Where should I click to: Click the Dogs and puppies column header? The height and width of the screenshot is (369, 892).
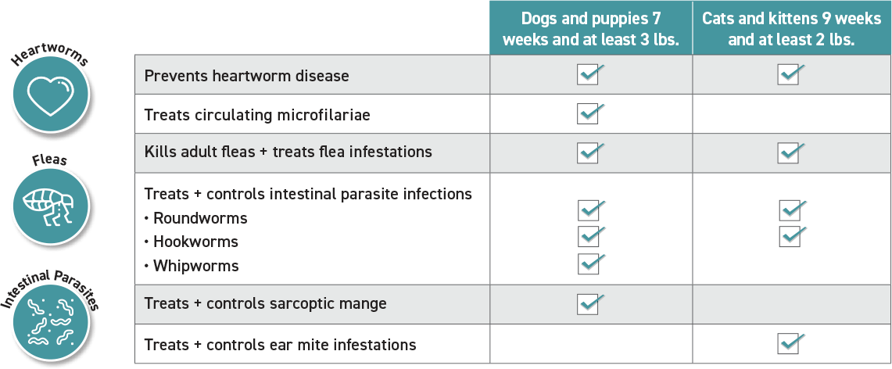click(x=590, y=28)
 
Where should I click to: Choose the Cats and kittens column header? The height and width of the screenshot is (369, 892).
click(x=791, y=28)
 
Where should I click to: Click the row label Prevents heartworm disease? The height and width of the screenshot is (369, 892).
click(x=246, y=75)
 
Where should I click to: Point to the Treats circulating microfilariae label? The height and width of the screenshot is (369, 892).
click(x=257, y=114)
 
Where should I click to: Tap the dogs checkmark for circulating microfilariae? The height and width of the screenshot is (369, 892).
click(x=590, y=113)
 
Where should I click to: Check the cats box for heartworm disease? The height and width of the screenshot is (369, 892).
click(x=790, y=74)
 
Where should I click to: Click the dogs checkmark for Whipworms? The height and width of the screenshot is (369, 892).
click(x=590, y=263)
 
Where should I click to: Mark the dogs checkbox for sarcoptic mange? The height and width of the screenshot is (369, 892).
click(x=590, y=303)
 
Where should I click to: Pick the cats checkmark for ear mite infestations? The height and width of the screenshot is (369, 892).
click(x=790, y=343)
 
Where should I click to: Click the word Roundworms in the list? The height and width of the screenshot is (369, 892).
click(x=200, y=218)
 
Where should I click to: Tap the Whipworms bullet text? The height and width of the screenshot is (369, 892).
click(x=195, y=266)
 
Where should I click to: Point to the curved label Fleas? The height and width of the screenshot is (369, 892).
click(x=50, y=161)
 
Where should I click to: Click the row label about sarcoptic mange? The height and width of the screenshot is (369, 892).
click(x=265, y=303)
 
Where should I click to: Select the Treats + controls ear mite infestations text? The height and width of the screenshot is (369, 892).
click(x=280, y=344)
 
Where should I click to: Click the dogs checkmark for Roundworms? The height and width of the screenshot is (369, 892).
click(x=590, y=210)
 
